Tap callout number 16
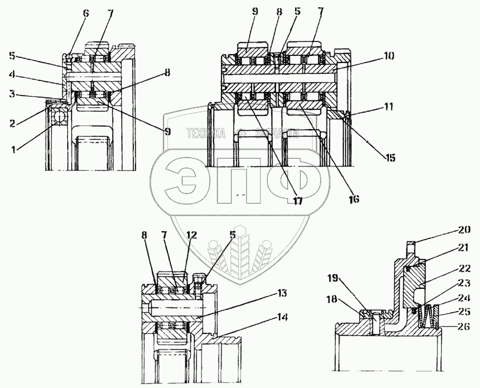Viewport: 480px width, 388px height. pos(353,197)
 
